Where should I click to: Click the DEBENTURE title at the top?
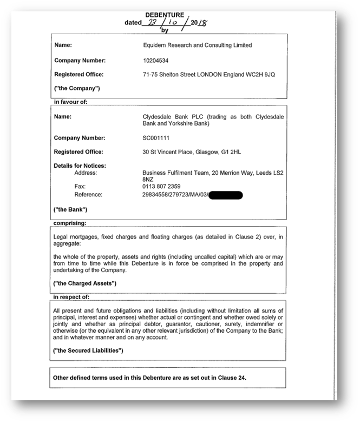pyautogui.click(x=165, y=15)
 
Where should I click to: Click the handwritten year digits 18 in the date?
pyautogui.click(x=201, y=23)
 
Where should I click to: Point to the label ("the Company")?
pyautogui.click(x=77, y=88)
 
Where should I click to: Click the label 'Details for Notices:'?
pyautogui.click(x=80, y=165)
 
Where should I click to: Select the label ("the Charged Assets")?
pyautogui.click(x=84, y=283)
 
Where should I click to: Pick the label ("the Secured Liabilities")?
pyautogui.click(x=89, y=351)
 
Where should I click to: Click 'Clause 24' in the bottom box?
pyautogui.click(x=233, y=377)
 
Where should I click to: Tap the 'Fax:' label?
pyautogui.click(x=80, y=186)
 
